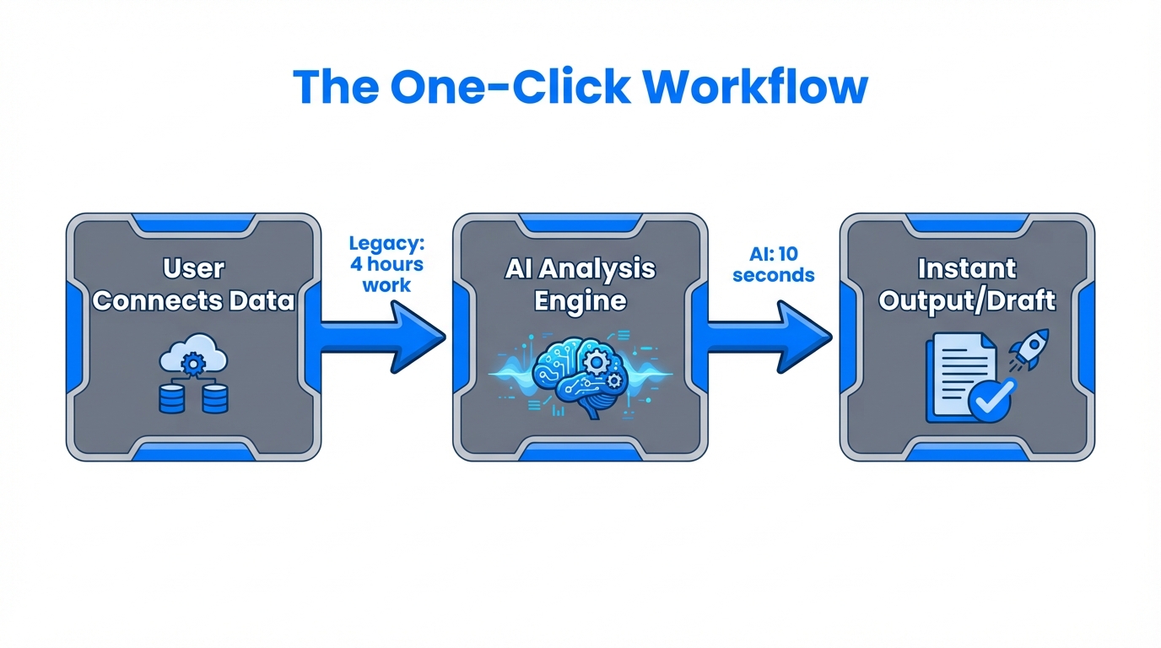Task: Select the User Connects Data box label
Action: click(193, 285)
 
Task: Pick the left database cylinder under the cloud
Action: click(172, 397)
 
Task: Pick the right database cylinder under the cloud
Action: click(215, 397)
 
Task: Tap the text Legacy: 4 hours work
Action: click(386, 264)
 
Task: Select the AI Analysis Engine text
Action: click(580, 285)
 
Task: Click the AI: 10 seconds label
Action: click(773, 264)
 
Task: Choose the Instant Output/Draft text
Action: click(967, 285)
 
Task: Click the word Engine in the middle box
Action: click(580, 301)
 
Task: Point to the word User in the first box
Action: click(193, 269)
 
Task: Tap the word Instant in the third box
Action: click(967, 269)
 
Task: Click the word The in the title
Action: click(335, 86)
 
